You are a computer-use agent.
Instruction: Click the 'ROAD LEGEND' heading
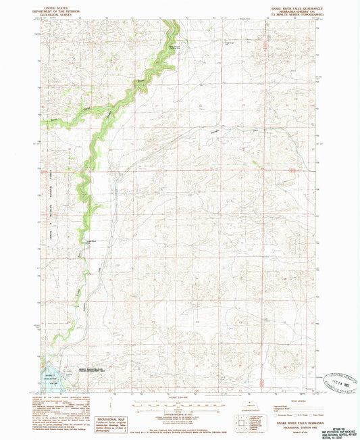[x=283, y=399]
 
